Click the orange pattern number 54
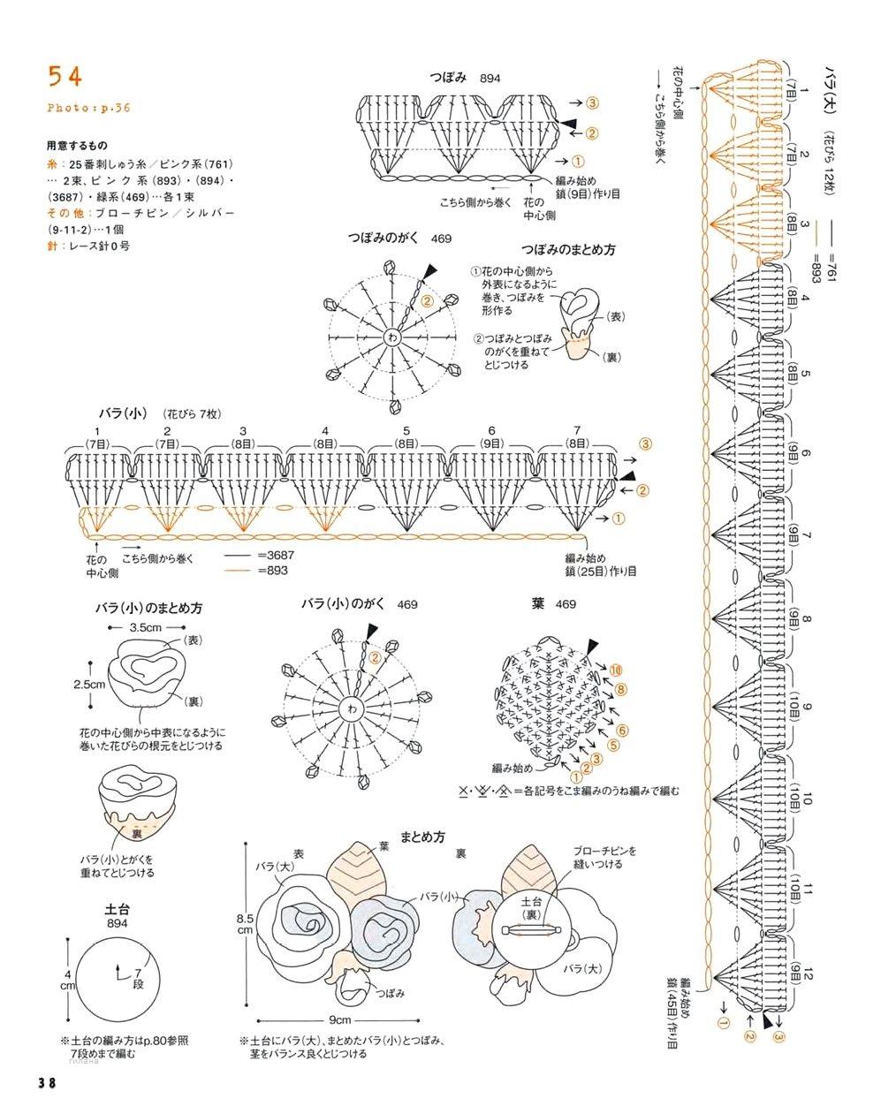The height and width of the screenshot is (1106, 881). pyautogui.click(x=65, y=77)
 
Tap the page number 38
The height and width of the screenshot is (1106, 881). pyautogui.click(x=47, y=1083)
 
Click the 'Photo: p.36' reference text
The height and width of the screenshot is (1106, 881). pyautogui.click(x=88, y=108)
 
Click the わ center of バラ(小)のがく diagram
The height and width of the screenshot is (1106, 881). pyautogui.click(x=353, y=709)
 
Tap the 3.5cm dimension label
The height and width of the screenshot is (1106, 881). pyautogui.click(x=145, y=626)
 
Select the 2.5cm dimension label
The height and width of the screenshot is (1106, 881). pyautogui.click(x=89, y=684)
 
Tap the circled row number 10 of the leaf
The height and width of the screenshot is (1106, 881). pyautogui.click(x=615, y=670)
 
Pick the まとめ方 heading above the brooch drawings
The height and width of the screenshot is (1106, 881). pyautogui.click(x=422, y=836)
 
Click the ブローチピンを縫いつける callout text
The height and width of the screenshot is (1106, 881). pyautogui.click(x=604, y=856)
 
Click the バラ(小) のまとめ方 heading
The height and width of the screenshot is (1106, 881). pyautogui.click(x=149, y=609)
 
